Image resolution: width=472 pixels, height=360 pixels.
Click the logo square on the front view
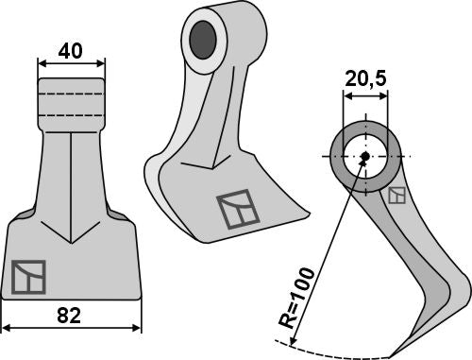click(x=28, y=276)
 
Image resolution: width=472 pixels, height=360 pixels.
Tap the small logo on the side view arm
click(x=397, y=196)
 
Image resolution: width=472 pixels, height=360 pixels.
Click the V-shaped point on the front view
click(x=71, y=240)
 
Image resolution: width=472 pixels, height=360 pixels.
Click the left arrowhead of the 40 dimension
click(x=41, y=64)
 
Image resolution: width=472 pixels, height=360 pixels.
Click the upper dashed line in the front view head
click(x=71, y=96)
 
